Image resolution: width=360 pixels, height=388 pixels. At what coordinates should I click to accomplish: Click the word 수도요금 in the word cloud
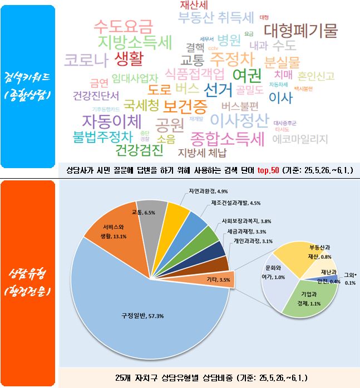pos(123,26)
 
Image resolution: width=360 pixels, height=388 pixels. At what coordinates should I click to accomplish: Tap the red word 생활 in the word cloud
pos(130,58)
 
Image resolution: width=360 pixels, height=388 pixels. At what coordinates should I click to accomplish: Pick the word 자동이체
pos(112,121)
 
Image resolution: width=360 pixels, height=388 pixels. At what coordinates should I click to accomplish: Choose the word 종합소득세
pos(227,137)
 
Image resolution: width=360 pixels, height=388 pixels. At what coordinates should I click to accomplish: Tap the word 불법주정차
pos(103,136)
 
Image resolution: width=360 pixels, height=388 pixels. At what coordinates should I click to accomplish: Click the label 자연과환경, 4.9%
pos(208,190)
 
